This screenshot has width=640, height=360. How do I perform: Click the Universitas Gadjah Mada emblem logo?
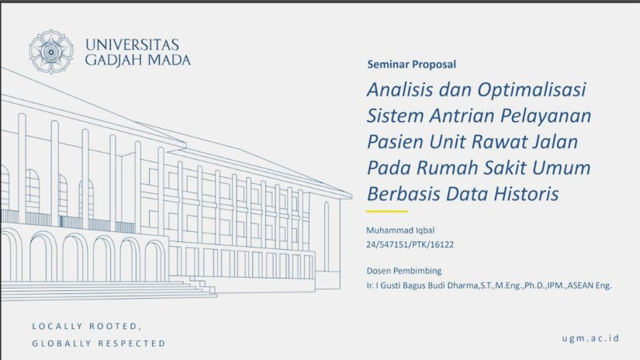click(51, 52)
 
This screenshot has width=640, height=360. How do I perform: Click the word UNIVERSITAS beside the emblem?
click(132, 44)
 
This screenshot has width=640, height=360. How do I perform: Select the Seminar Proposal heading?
click(411, 64)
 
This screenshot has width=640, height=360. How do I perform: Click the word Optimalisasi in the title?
click(532, 90)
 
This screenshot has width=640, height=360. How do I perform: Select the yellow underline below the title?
click(386, 212)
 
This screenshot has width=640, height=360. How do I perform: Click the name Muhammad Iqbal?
click(400, 230)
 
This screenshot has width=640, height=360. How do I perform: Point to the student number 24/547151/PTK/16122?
click(410, 244)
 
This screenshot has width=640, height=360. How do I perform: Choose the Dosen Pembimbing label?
click(404, 271)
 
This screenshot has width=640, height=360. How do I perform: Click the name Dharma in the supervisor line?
click(462, 286)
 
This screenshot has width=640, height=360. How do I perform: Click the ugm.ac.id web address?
click(590, 338)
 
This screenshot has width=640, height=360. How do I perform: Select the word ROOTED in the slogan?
click(116, 326)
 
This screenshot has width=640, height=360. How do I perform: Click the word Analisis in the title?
click(400, 90)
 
